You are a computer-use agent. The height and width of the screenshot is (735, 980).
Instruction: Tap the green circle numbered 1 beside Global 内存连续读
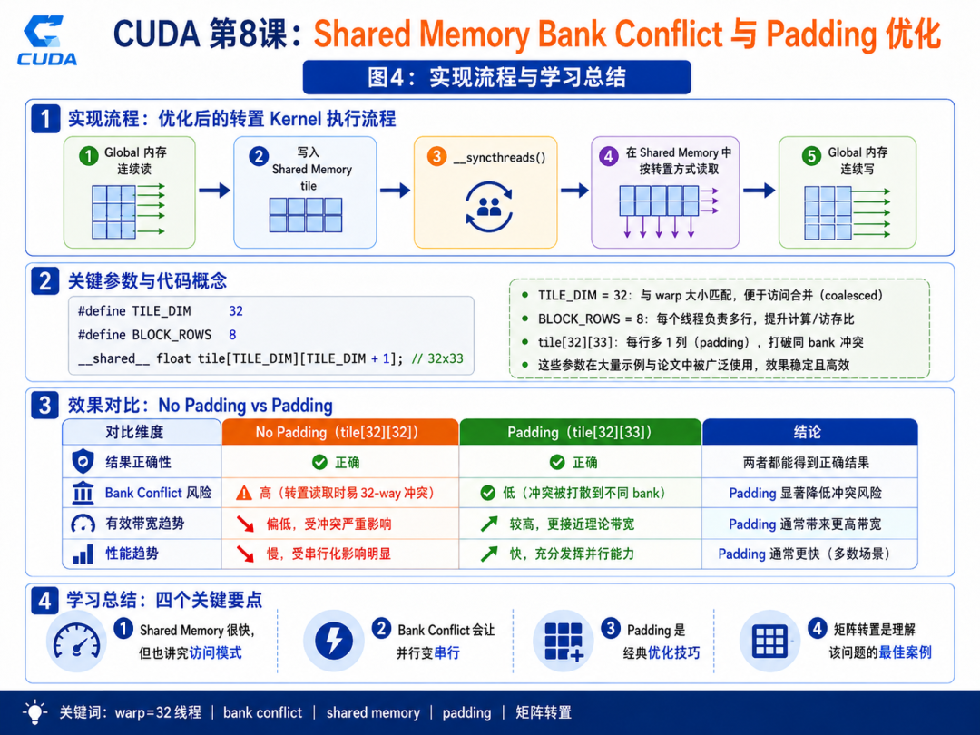point(89,155)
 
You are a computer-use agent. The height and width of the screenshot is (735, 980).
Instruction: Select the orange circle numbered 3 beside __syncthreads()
point(436,156)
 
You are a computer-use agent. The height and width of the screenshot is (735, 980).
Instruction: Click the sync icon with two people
point(489,206)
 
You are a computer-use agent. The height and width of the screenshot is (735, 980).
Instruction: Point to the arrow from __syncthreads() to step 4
point(574,190)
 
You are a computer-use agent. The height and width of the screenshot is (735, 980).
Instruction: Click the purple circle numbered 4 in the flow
point(609,155)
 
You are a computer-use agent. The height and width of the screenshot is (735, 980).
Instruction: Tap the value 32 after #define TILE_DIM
point(236,311)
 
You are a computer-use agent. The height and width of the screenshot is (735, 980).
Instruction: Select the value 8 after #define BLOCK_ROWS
point(232,335)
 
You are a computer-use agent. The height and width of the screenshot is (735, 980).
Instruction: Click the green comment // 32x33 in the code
point(437,358)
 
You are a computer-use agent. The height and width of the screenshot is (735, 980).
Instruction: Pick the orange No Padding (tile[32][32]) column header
point(340,432)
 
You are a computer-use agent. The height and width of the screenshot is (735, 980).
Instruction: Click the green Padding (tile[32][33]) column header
point(580,432)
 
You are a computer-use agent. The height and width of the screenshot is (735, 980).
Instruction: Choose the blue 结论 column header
point(809,432)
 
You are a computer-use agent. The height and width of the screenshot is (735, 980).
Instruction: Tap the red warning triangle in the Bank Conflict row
point(244,493)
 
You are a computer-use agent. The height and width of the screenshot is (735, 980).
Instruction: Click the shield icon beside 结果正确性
point(83,462)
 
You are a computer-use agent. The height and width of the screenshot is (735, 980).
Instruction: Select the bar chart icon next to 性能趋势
point(83,554)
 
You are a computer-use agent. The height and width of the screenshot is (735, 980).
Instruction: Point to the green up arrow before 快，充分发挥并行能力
point(489,554)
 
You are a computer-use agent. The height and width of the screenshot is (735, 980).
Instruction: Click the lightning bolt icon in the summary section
point(334,640)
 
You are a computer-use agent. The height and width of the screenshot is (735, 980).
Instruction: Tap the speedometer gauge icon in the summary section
point(76,642)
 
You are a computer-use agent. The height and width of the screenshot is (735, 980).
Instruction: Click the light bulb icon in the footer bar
point(35,712)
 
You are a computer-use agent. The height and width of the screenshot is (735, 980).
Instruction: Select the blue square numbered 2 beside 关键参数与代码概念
point(45,281)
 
